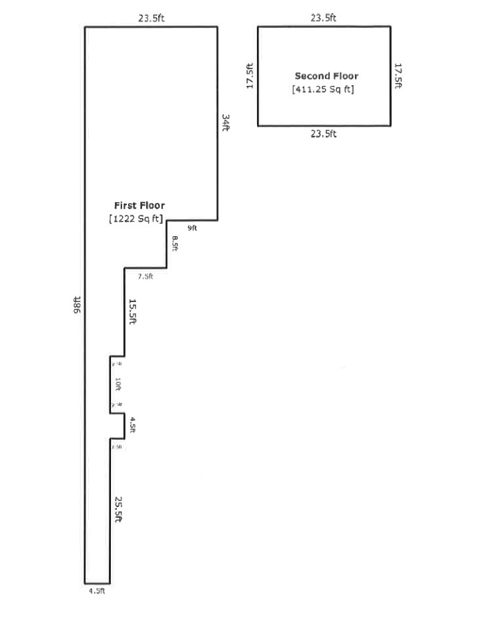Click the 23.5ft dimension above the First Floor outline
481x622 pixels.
coord(151,19)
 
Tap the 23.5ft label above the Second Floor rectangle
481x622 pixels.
coord(324,18)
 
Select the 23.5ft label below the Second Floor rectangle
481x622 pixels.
coord(324,134)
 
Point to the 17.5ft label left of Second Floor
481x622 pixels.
coord(250,76)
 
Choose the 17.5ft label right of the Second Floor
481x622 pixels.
coord(399,76)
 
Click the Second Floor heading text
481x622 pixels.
coord(326,76)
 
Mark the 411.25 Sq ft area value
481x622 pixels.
coord(324,89)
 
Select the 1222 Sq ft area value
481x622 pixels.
coord(136,219)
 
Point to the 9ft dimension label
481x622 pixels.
coord(192,229)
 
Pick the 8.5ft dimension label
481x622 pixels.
coord(175,245)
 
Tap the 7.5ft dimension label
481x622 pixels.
coord(145,276)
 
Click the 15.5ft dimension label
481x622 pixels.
coord(132,312)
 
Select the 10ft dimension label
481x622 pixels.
coord(118,384)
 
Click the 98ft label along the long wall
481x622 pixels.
coord(77,305)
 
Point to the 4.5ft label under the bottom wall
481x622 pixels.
coord(96,591)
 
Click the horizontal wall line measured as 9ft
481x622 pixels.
coord(192,221)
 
